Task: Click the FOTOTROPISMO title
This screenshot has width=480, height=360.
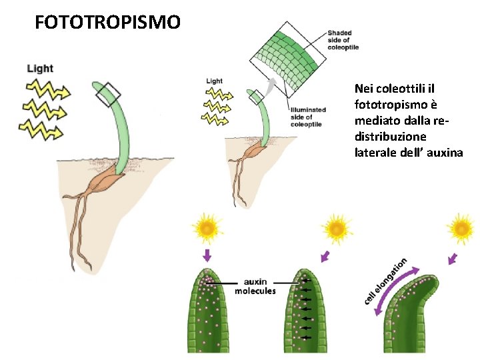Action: point(107,23)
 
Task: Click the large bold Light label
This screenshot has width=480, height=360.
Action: point(40,68)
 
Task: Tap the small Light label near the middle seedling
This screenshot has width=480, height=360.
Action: point(214,81)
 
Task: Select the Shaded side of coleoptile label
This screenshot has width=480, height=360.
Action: point(343,40)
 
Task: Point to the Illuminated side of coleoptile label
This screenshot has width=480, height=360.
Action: point(307,117)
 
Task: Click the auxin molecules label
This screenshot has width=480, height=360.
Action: point(255,287)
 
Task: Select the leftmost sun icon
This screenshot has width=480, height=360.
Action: point(207,228)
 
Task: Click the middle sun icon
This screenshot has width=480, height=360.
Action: point(337,228)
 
